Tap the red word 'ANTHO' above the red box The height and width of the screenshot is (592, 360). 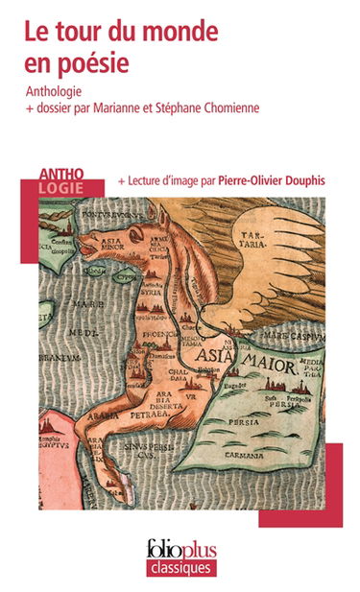tap(61, 173)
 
